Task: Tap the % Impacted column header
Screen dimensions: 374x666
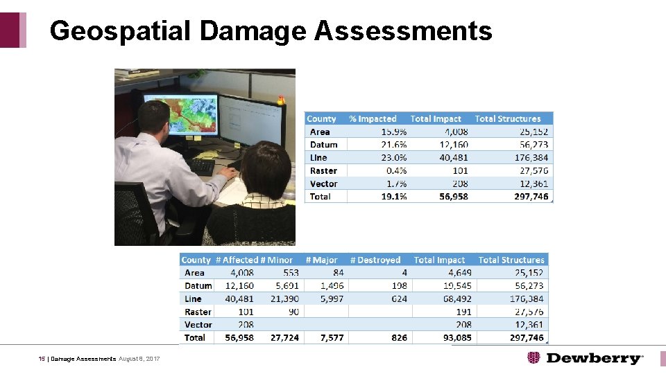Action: tap(373, 119)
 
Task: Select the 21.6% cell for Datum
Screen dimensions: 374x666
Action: tap(394, 145)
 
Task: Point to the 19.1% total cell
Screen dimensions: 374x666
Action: tap(393, 197)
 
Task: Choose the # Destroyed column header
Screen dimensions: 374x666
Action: tap(375, 260)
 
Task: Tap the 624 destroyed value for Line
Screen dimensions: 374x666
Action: tap(399, 299)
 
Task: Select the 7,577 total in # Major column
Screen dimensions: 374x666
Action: tap(332, 338)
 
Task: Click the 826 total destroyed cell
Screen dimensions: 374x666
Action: tap(399, 338)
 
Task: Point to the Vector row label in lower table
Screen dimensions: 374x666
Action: tap(198, 325)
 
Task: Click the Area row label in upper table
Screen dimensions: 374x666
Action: tap(320, 132)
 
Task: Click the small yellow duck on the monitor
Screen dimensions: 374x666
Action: tap(281, 100)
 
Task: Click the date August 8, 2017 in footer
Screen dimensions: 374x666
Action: tap(139, 359)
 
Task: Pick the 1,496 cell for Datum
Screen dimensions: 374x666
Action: tap(332, 286)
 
